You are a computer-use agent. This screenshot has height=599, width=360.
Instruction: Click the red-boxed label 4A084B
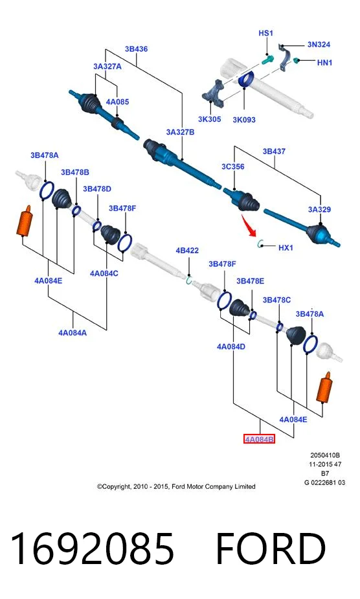(259, 439)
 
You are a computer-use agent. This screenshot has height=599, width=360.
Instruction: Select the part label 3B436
(136, 49)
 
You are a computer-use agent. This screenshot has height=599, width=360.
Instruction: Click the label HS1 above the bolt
(265, 33)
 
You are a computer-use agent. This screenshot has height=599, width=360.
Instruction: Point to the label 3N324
(319, 44)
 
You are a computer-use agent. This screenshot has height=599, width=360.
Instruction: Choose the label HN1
(324, 62)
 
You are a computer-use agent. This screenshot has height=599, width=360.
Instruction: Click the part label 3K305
(209, 119)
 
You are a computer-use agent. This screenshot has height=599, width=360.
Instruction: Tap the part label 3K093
(244, 120)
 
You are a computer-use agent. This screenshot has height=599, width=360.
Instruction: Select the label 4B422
(187, 251)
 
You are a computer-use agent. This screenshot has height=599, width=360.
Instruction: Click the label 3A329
(319, 209)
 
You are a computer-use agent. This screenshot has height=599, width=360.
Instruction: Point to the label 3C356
(232, 166)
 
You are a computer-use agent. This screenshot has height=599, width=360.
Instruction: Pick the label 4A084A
(73, 333)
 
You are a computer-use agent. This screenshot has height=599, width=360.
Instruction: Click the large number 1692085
(92, 548)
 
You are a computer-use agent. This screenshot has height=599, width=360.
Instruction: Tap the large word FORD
(271, 548)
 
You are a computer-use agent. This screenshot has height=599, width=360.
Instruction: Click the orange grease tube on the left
(25, 220)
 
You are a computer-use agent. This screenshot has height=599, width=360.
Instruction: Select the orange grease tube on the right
(324, 387)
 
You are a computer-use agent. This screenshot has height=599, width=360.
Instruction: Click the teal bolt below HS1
(268, 60)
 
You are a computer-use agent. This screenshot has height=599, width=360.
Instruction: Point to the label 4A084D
(231, 347)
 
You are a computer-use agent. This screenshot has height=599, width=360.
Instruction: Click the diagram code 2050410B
(325, 455)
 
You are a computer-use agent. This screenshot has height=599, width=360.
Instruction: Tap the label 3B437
(274, 152)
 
